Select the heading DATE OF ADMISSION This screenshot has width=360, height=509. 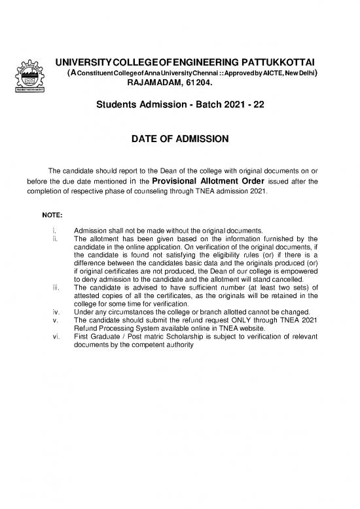(180, 139)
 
